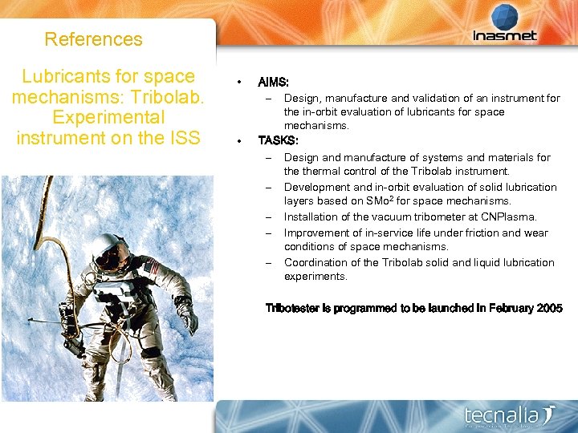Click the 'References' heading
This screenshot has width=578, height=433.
tap(93, 39)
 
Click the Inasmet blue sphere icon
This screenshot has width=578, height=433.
tap(505, 16)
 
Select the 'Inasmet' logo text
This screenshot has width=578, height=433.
tap(505, 36)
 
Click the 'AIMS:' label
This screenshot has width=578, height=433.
tap(274, 83)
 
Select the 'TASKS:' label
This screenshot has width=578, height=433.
tap(278, 140)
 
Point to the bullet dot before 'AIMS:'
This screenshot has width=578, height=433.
tap(238, 83)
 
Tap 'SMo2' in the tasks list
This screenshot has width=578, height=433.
tap(380, 201)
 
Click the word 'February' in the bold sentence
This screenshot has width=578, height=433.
tap(506, 309)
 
